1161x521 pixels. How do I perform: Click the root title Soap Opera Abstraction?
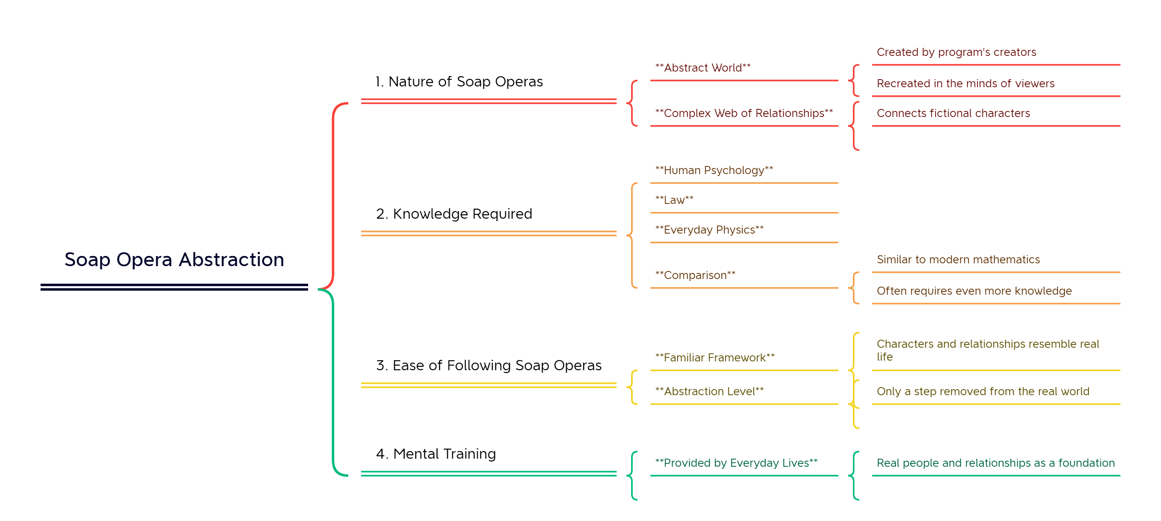tap(174, 260)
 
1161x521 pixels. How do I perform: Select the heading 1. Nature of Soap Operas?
tap(459, 82)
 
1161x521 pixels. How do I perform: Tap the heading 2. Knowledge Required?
tap(454, 214)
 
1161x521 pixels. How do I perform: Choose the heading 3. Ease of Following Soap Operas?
tap(489, 365)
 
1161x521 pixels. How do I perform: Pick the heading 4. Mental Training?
tap(435, 454)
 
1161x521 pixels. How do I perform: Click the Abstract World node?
tap(703, 68)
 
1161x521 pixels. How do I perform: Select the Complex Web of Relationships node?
tap(744, 113)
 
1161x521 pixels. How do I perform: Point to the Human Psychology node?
tap(714, 170)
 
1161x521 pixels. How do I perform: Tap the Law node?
tap(674, 200)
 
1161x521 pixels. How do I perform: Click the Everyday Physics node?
tap(709, 230)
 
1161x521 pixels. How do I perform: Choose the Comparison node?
tap(695, 275)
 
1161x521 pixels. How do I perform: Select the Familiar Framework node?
tap(715, 358)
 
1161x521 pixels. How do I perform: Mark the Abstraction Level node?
tap(709, 392)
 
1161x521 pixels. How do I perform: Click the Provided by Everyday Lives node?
tap(736, 463)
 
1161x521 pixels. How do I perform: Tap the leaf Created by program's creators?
tap(957, 52)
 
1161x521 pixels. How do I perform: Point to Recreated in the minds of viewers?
tap(965, 84)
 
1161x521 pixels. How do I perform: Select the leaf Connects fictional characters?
tap(953, 113)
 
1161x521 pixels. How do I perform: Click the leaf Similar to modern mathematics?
tap(958, 260)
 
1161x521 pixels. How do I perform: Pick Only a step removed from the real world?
tap(983, 392)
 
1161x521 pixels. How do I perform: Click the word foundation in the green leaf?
tap(1086, 463)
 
